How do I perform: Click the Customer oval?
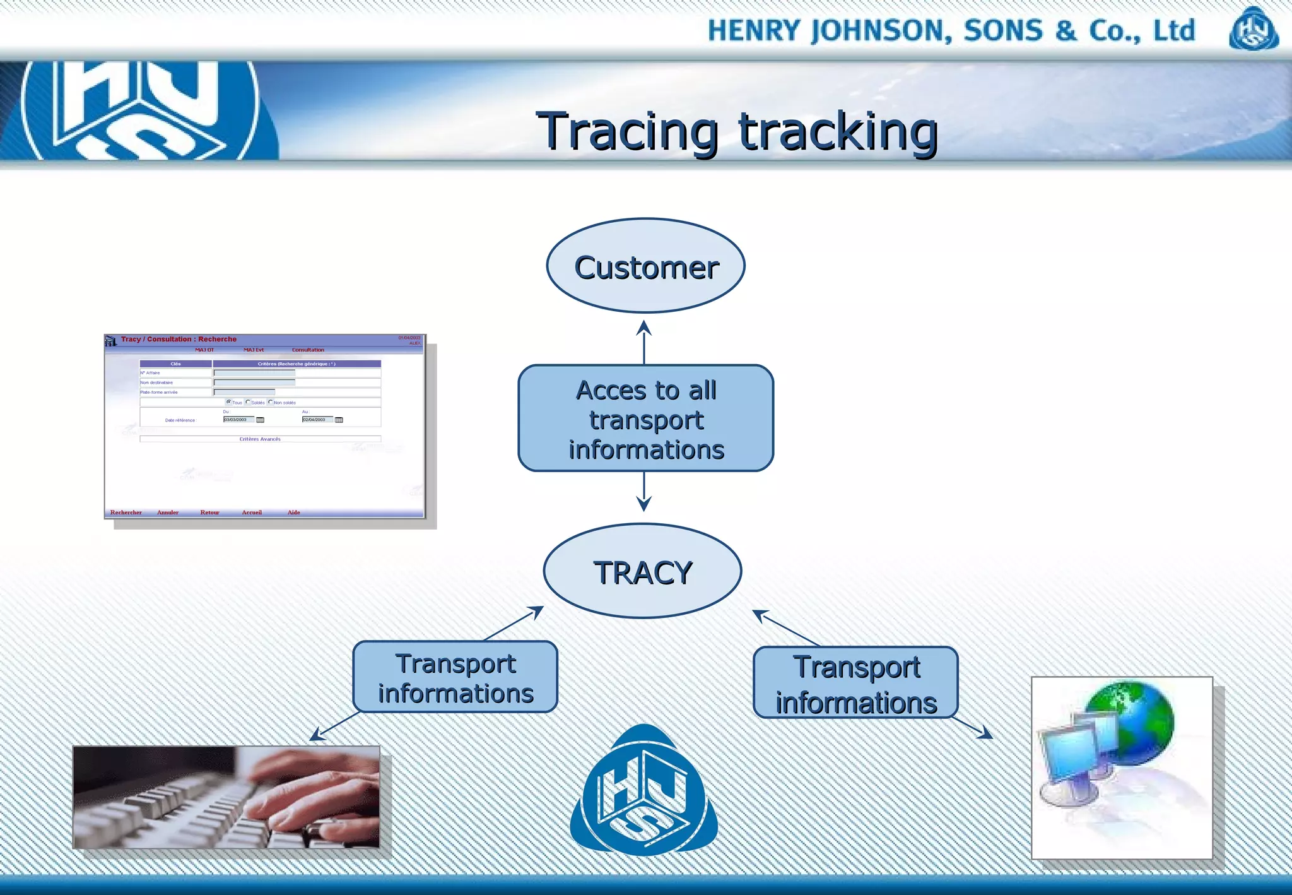(645, 266)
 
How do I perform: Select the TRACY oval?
(642, 571)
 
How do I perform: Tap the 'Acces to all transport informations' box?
(645, 418)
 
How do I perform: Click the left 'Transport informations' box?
(455, 677)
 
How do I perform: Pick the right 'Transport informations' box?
(855, 684)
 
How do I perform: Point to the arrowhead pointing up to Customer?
(643, 327)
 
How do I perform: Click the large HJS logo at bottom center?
(643, 793)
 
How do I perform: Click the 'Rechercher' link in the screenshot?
(126, 513)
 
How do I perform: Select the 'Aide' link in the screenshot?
(294, 513)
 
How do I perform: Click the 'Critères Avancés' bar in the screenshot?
(260, 439)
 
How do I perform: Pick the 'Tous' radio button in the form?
(228, 402)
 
